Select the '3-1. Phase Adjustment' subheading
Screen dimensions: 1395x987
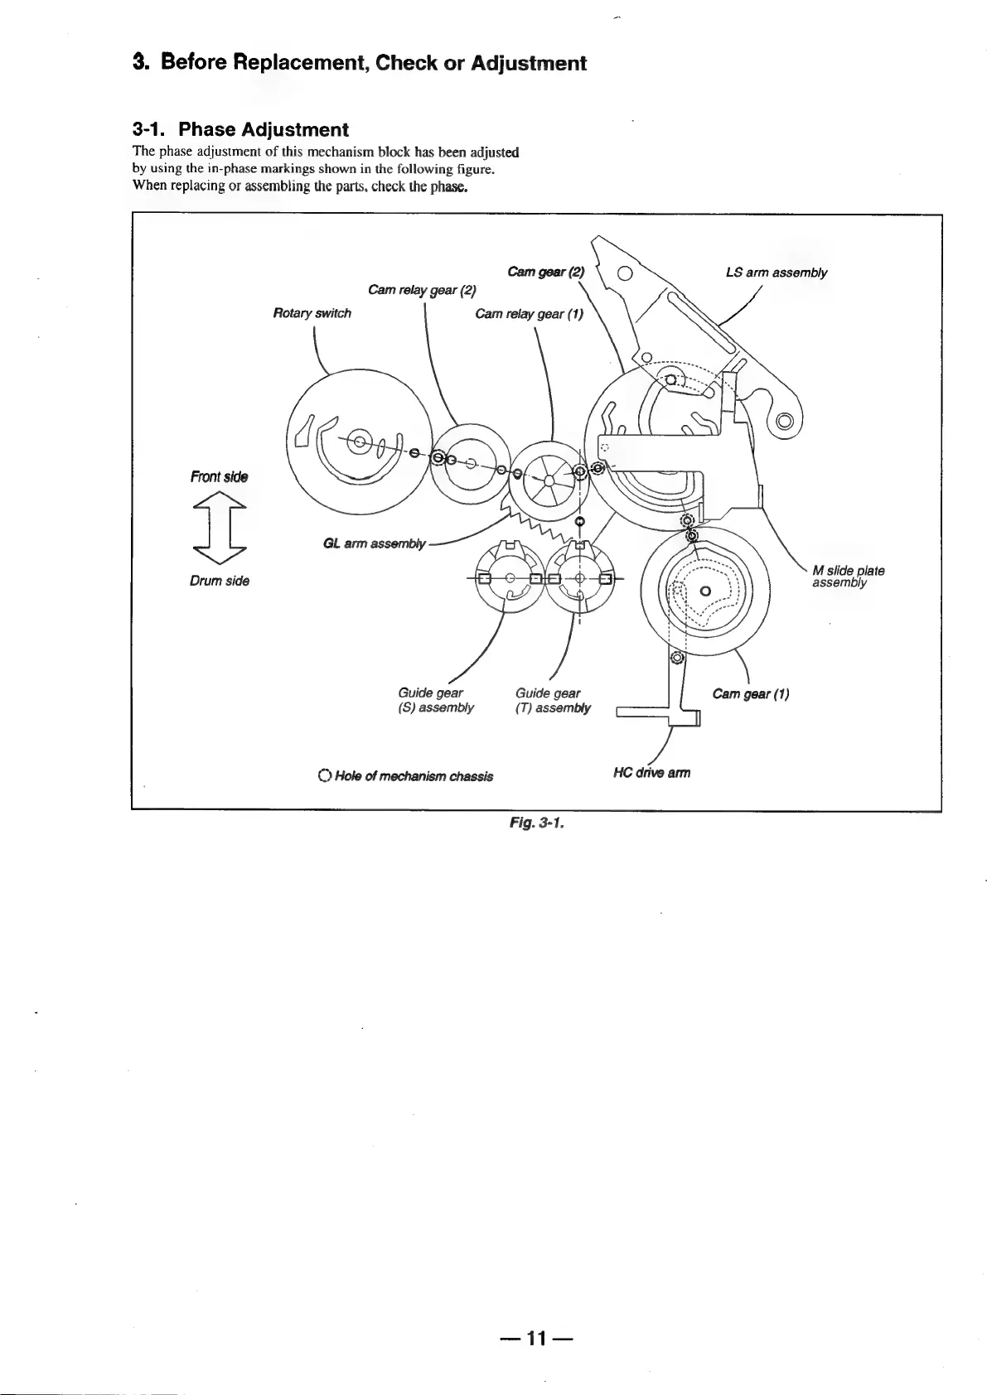[x=240, y=129]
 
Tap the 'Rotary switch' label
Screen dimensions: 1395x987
[x=312, y=313]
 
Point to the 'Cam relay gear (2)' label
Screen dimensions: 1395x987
[x=422, y=290]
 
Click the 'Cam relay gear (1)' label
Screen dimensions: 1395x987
[x=529, y=314]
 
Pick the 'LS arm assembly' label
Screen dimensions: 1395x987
[x=776, y=273]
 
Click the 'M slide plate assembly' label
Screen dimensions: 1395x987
[x=848, y=577]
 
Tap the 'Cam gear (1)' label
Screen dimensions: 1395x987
[x=750, y=694]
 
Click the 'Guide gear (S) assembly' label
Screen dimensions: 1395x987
[x=435, y=700]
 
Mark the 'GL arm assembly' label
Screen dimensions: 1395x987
[x=374, y=544]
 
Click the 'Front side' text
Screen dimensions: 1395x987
[x=219, y=476]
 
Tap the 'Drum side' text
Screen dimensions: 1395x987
[x=220, y=581]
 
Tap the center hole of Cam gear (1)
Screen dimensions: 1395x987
[x=704, y=591]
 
